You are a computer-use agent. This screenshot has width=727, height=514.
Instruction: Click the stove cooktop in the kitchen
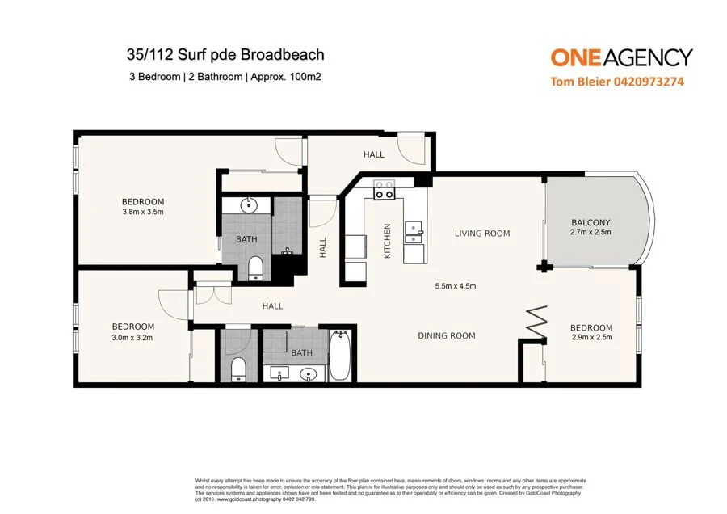point(384,190)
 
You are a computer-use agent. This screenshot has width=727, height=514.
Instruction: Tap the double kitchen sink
point(414,233)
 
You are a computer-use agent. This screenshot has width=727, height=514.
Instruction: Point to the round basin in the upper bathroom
point(248,205)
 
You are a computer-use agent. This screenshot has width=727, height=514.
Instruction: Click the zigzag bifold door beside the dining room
point(536,323)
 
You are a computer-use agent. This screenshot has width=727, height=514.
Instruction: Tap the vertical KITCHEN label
point(387,241)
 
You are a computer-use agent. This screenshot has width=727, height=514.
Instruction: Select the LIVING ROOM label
point(482,234)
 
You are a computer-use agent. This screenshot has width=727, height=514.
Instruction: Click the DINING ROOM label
point(446,335)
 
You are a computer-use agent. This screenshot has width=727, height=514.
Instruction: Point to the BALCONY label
point(590,222)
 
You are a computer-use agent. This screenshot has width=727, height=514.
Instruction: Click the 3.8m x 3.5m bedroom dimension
point(143,213)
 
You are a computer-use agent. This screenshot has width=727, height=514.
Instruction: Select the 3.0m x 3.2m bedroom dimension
point(132,338)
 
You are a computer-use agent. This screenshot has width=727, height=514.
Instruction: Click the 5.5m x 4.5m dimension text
point(455,285)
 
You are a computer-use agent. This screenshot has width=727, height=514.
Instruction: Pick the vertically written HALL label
point(322,247)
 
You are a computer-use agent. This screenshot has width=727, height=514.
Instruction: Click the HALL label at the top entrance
point(373,154)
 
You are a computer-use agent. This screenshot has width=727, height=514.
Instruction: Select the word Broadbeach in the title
point(280,55)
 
